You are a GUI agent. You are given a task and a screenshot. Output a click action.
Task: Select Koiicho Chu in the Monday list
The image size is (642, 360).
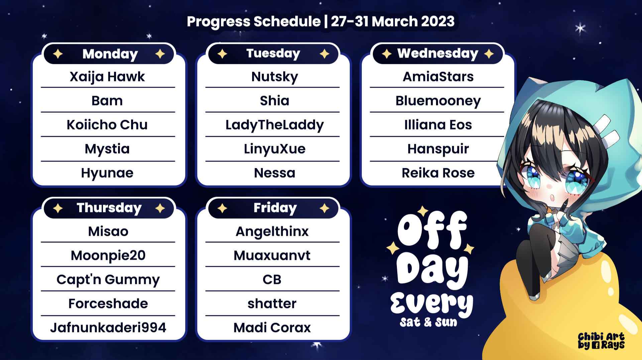click(107, 125)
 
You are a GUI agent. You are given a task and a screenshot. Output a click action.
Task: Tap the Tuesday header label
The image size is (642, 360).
click(273, 53)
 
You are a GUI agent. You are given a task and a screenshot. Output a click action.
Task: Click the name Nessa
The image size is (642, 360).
click(275, 173)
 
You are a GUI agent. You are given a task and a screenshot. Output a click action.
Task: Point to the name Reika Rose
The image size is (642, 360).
click(438, 173)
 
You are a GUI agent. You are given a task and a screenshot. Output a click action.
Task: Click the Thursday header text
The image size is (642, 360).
click(109, 208)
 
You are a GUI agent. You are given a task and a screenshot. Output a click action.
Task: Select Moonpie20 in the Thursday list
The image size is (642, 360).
click(108, 256)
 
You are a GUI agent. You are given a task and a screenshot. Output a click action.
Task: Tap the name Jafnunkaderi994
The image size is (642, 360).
click(108, 328)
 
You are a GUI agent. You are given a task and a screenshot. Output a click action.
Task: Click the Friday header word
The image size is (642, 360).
click(275, 208)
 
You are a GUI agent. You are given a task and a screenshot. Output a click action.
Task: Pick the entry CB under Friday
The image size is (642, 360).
click(272, 279)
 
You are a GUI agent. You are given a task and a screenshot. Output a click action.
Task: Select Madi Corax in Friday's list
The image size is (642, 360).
click(272, 328)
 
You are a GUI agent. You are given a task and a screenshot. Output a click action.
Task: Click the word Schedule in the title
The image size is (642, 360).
click(287, 22)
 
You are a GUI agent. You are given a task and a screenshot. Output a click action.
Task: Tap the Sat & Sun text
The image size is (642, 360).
click(428, 322)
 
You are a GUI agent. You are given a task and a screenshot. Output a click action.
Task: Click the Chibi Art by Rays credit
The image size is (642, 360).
click(601, 341)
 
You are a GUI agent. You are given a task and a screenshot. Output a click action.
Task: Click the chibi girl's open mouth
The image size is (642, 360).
click(552, 197)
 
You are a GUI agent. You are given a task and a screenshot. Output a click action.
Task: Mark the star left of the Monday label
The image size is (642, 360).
click(58, 54)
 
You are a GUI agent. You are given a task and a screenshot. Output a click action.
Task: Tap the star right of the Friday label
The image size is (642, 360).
click(324, 208)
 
